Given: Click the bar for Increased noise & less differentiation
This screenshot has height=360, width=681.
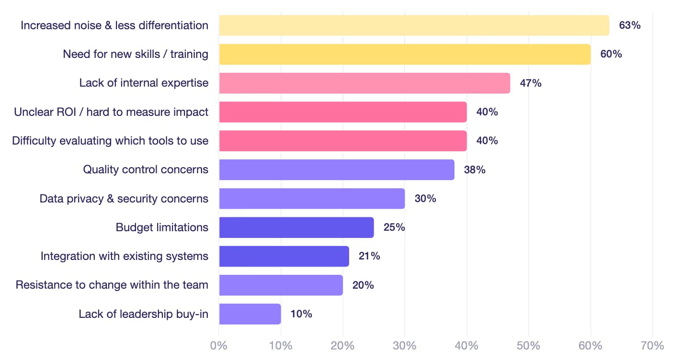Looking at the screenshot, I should [x=414, y=25].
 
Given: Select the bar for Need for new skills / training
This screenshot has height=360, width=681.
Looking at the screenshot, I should [x=405, y=54].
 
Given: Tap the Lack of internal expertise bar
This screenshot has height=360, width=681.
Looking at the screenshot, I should [x=364, y=83].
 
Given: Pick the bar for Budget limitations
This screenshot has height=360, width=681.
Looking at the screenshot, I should [x=296, y=227].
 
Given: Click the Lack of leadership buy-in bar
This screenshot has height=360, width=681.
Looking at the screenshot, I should [x=250, y=314].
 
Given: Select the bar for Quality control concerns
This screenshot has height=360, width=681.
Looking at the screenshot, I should [x=337, y=169].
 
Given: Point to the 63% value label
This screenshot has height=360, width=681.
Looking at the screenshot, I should [x=629, y=25].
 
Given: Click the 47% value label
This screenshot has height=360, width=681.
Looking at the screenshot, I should [x=531, y=83].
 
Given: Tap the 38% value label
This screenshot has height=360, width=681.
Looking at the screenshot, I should [x=475, y=169].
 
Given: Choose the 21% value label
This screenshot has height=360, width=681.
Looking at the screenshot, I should [x=369, y=256].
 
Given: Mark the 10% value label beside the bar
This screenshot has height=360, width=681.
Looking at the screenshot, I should [x=301, y=314].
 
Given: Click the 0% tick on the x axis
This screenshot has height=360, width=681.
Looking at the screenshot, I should [x=219, y=346].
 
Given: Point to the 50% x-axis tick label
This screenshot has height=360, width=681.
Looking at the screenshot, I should [x=529, y=346].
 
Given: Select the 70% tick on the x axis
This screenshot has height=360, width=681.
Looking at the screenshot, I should [x=652, y=346].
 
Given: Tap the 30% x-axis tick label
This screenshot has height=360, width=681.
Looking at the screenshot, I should [x=405, y=346].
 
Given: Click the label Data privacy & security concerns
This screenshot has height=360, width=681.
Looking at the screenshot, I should [x=124, y=199].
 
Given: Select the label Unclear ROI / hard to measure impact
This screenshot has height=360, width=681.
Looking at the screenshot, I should [x=111, y=112].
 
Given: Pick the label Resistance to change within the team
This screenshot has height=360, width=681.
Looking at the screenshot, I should [x=112, y=285].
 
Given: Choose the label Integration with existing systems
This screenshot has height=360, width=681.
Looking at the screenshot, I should [x=125, y=256].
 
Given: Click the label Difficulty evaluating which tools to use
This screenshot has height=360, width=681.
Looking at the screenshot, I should [x=110, y=141].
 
